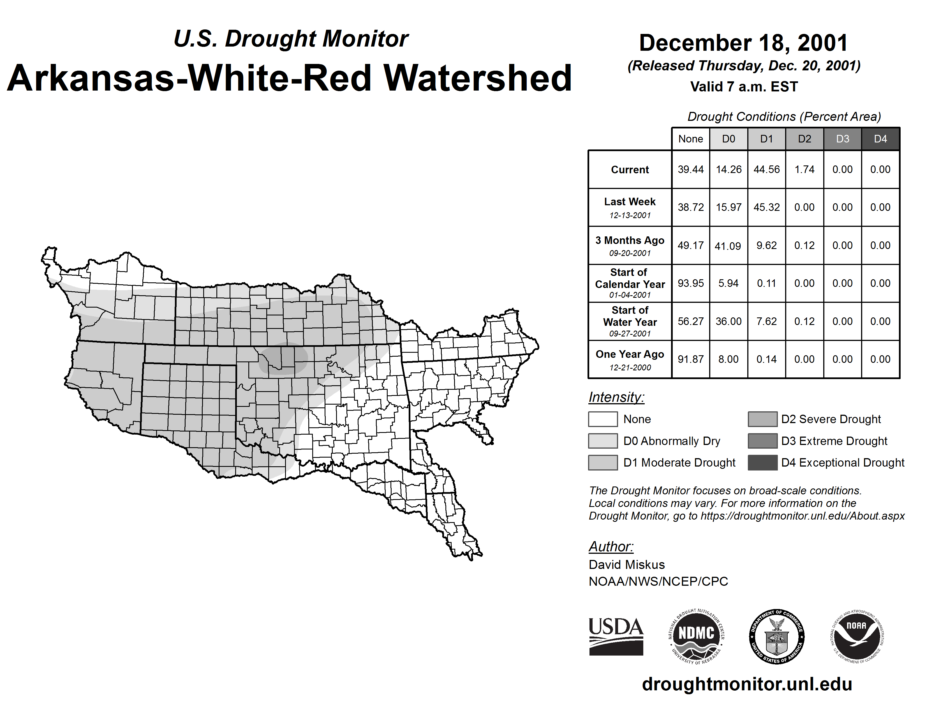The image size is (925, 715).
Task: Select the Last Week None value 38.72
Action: (x=690, y=207)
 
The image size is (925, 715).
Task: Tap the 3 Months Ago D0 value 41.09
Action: (x=728, y=246)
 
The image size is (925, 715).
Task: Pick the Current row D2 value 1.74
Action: (x=804, y=169)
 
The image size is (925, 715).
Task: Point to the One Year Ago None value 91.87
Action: (x=690, y=359)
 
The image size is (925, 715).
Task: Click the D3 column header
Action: (x=842, y=139)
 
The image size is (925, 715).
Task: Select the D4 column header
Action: (x=880, y=139)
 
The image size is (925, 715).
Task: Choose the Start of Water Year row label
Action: (x=630, y=322)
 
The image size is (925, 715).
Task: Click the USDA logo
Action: (x=616, y=636)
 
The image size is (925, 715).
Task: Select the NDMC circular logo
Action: (x=696, y=636)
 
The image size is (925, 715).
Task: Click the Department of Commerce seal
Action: (x=777, y=636)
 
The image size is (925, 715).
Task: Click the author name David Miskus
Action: (x=626, y=565)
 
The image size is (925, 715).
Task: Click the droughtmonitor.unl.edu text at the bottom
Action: (x=747, y=684)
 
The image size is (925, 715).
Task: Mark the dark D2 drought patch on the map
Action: (x=283, y=359)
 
